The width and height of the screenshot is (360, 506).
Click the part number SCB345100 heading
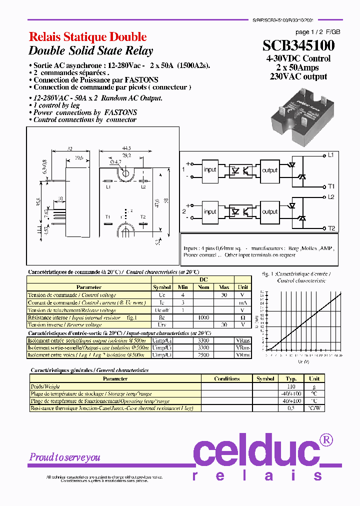[x=298, y=46]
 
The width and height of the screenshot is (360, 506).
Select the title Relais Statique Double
[x=87, y=37]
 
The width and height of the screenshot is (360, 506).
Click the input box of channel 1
[x=210, y=169]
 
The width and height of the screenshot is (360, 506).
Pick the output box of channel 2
[x=269, y=211]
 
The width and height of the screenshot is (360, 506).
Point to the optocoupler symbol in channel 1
[x=240, y=169]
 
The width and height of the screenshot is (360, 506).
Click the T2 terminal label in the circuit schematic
[x=331, y=228]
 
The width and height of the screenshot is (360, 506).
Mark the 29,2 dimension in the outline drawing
[x=127, y=156]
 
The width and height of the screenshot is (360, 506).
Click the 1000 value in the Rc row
[x=203, y=317]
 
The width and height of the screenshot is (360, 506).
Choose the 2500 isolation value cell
[x=203, y=354]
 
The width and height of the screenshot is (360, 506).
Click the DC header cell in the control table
[x=203, y=280]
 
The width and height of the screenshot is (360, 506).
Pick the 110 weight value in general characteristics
[x=290, y=386]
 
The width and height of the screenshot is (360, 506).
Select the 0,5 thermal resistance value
[x=290, y=408]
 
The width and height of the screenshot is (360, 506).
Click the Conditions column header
[x=226, y=379]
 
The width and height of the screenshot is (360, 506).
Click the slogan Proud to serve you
[x=64, y=457]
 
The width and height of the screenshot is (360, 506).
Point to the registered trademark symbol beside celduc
[x=325, y=440]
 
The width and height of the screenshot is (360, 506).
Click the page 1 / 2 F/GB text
[x=310, y=31]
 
